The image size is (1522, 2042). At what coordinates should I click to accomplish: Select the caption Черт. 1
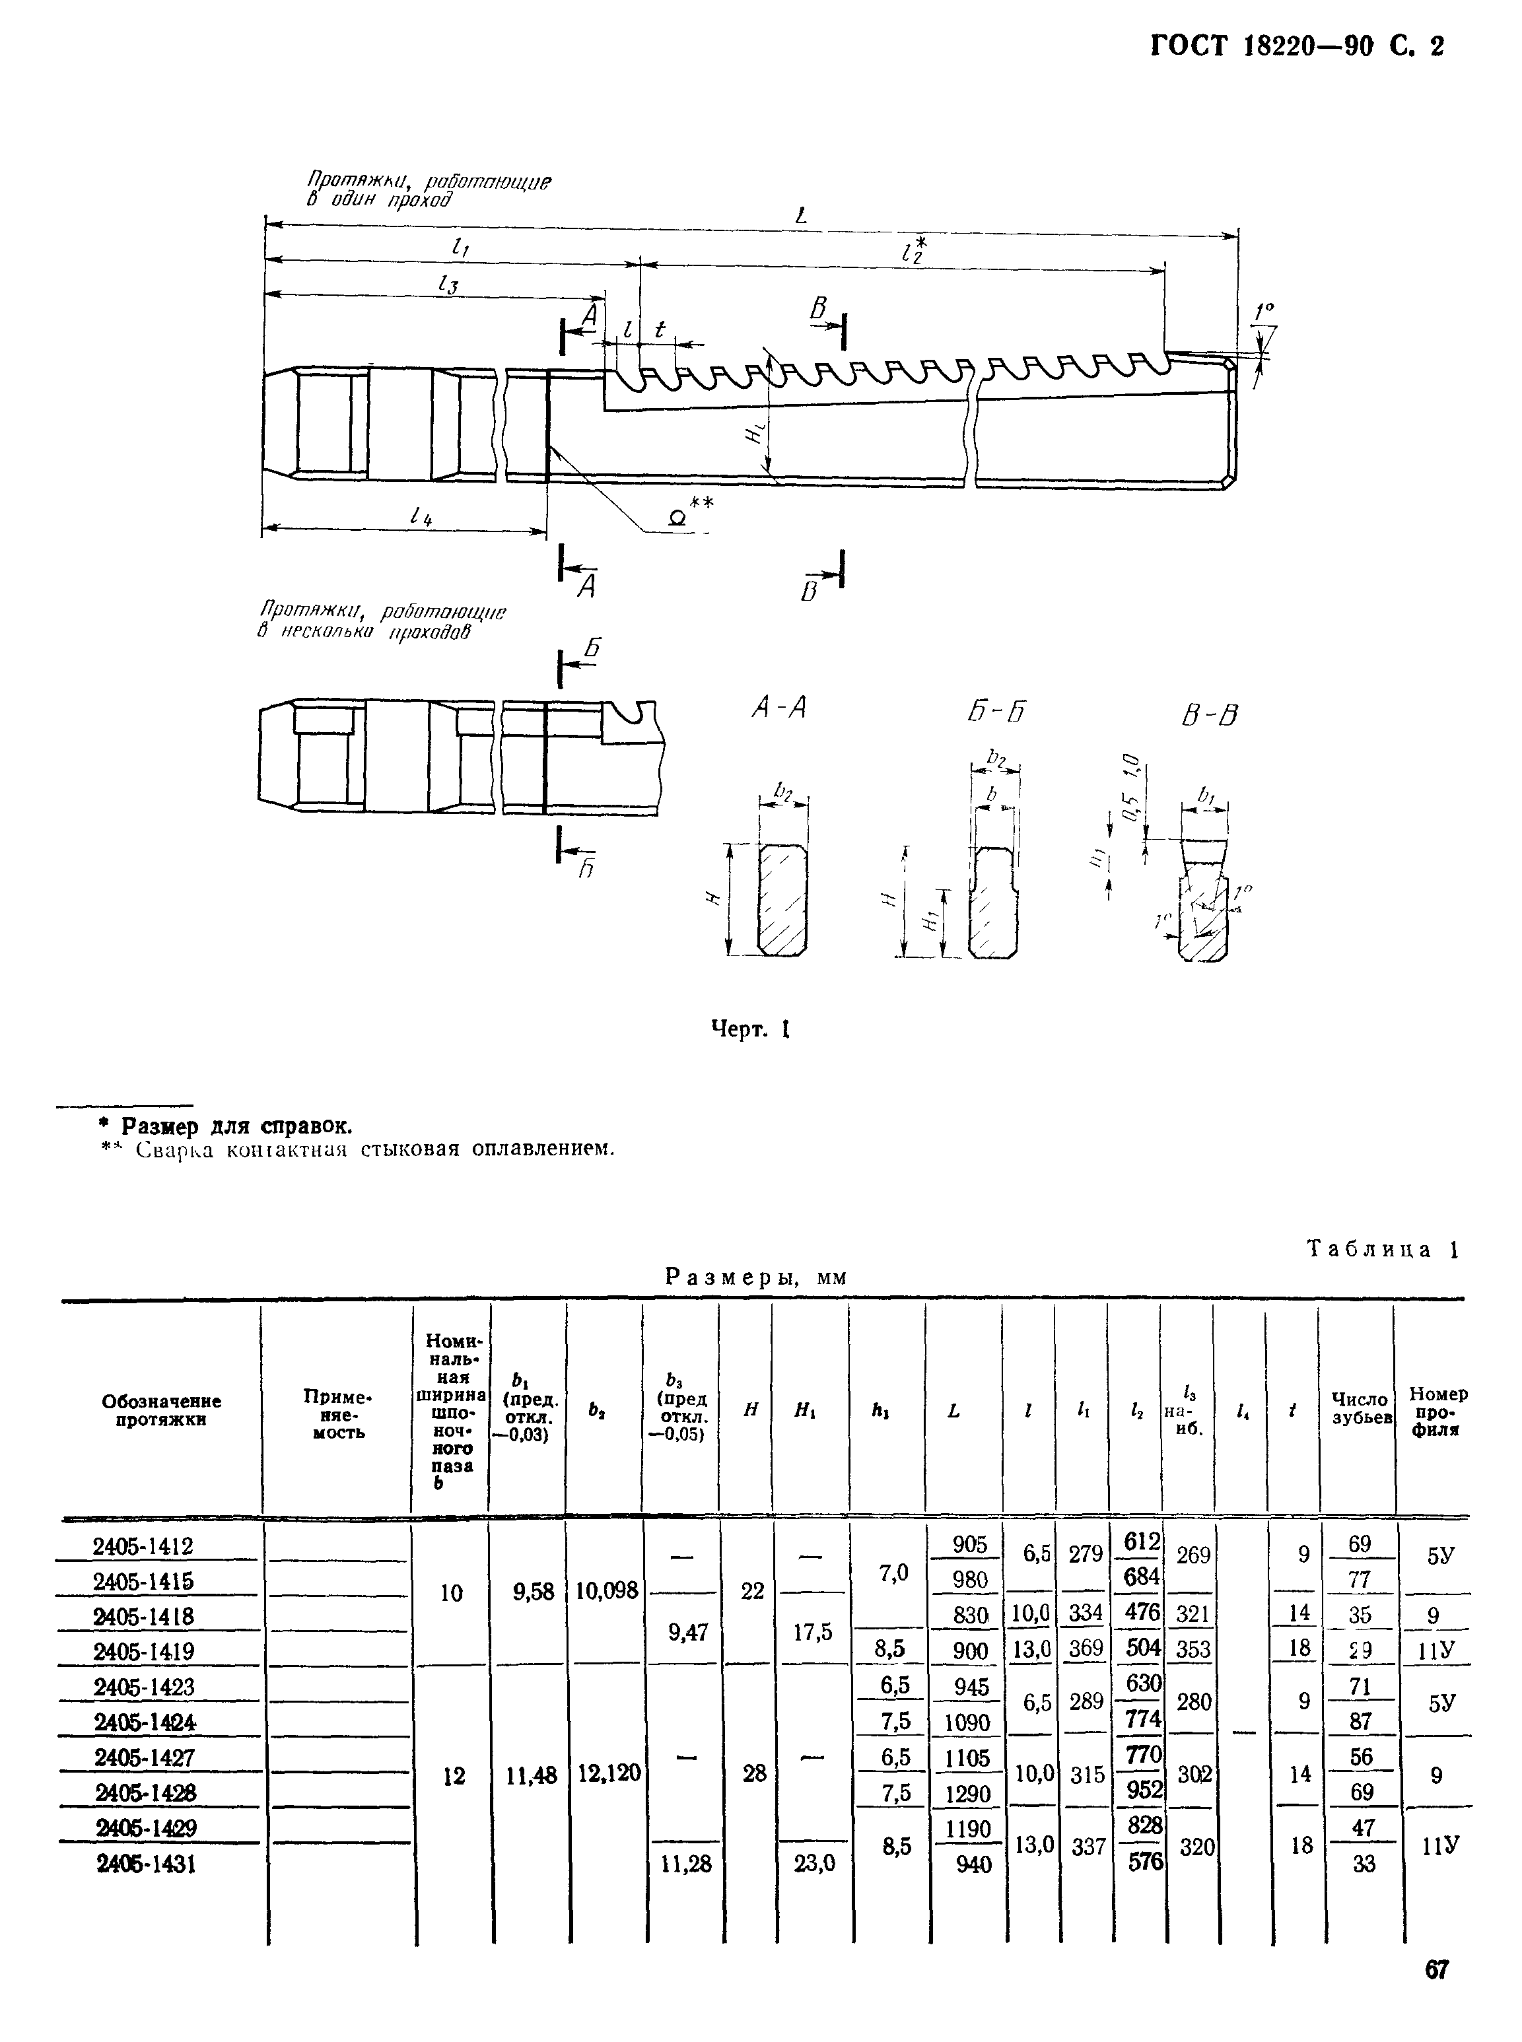751,1030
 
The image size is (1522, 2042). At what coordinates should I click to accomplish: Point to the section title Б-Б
997,711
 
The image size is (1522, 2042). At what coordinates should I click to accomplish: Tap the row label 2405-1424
145,1721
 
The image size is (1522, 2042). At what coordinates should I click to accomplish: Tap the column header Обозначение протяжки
161,1410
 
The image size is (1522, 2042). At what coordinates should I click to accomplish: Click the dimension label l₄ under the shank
421,518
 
